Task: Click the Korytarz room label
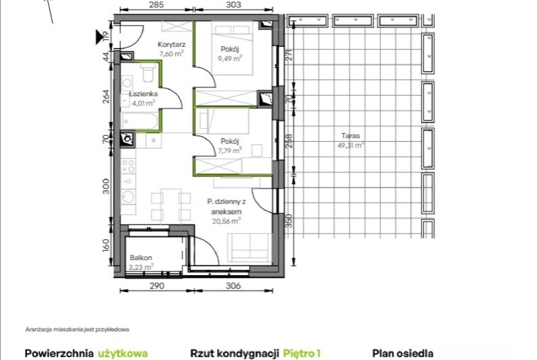[172, 44]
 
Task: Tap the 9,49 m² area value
[230, 58]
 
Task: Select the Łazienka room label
[144, 94]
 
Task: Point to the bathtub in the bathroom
[140, 121]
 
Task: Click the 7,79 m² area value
[230, 150]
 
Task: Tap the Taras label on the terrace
[351, 136]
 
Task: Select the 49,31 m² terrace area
[351, 145]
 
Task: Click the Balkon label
[141, 258]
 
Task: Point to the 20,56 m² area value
[226, 221]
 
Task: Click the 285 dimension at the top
[157, 5]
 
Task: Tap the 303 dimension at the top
[234, 5]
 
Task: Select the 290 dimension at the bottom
[157, 285]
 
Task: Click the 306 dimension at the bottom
[233, 285]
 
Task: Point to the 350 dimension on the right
[290, 221]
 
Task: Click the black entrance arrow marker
[100, 37]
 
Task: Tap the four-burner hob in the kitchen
[129, 166]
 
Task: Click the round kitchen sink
[129, 197]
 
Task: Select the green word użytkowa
[123, 354]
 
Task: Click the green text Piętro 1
[302, 354]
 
